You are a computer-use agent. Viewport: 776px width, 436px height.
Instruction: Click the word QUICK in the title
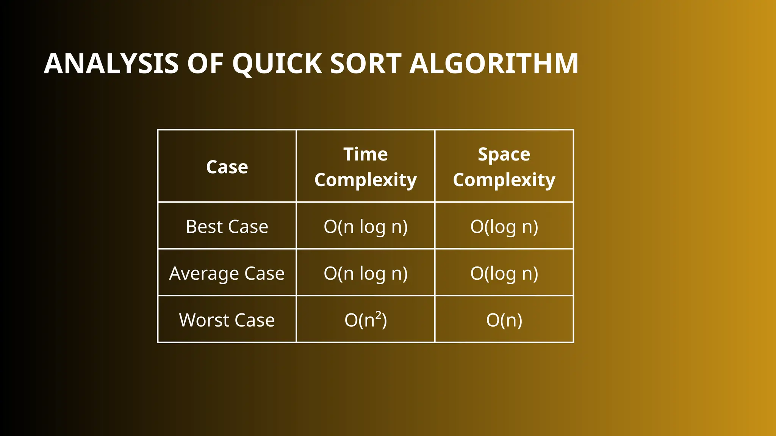(277, 64)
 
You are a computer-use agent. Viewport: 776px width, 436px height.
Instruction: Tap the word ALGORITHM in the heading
(494, 64)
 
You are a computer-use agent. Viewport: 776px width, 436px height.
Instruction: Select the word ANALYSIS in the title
(111, 64)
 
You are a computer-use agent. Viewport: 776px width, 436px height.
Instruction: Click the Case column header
(227, 167)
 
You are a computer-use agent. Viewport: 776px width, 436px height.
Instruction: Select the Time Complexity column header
(365, 167)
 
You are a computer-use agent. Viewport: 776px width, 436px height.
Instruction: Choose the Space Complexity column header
(504, 167)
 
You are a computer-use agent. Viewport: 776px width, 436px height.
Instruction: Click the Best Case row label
(227, 227)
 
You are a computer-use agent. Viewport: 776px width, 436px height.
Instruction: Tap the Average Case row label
(227, 273)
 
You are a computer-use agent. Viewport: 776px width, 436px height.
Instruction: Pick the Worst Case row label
(227, 320)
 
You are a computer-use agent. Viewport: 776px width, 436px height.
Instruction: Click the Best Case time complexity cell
(365, 227)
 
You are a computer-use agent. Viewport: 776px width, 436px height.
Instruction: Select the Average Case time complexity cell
(365, 273)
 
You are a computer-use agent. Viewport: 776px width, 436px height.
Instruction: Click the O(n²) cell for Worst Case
(365, 320)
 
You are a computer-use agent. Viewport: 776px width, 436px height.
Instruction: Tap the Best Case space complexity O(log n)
(504, 227)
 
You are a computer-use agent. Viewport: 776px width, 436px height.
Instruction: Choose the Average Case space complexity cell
(504, 273)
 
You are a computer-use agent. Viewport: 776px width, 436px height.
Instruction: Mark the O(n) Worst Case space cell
(504, 320)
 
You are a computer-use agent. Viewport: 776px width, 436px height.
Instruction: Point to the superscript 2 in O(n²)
(378, 315)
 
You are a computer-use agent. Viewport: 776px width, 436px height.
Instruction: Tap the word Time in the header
(365, 154)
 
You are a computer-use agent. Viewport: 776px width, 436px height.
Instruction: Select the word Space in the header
(504, 154)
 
